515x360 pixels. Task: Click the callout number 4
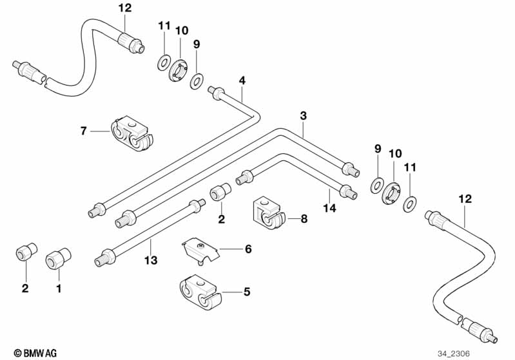(242, 81)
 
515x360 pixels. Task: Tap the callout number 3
(303, 116)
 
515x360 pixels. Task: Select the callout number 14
(331, 209)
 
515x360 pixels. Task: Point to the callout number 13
(150, 261)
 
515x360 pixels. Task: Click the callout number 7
(83, 131)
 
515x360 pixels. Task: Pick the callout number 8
(304, 219)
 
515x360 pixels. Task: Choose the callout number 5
(246, 292)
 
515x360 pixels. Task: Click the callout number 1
(59, 289)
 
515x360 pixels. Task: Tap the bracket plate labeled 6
(200, 249)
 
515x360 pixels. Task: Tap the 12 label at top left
(124, 8)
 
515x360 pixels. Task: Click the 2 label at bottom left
(25, 289)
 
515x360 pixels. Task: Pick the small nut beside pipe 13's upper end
(220, 193)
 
